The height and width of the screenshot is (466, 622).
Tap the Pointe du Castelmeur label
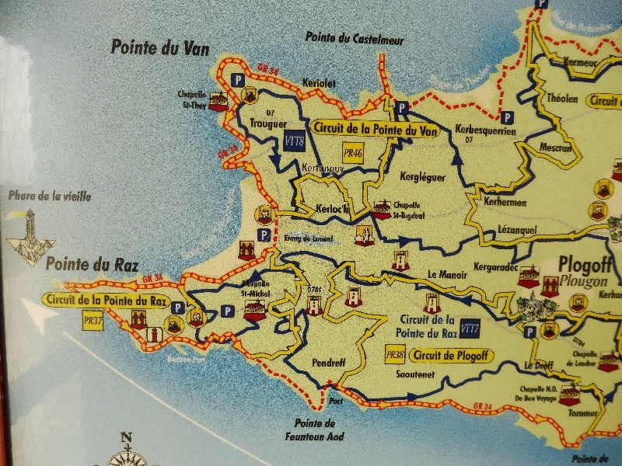click(348, 37)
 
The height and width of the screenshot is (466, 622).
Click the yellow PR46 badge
click(353, 154)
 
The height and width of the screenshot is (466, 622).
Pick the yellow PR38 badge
click(394, 354)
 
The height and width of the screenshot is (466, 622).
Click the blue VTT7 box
click(469, 328)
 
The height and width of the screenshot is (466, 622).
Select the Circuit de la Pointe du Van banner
click(376, 130)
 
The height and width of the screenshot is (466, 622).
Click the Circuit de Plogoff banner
click(446, 356)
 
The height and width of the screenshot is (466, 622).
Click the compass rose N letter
click(127, 436)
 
